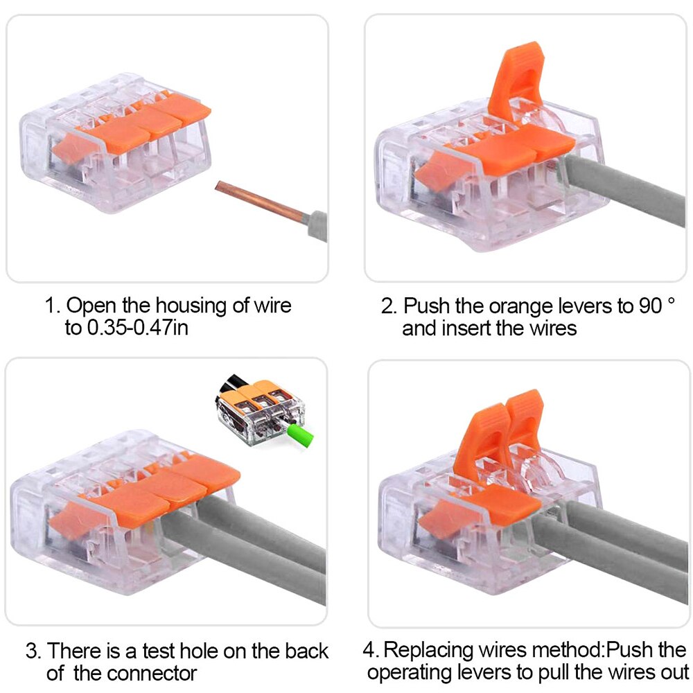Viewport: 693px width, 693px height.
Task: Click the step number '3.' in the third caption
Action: [x=34, y=651]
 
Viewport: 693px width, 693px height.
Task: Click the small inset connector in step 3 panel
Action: [x=261, y=413]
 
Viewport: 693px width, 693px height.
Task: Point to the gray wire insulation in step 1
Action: [x=317, y=225]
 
